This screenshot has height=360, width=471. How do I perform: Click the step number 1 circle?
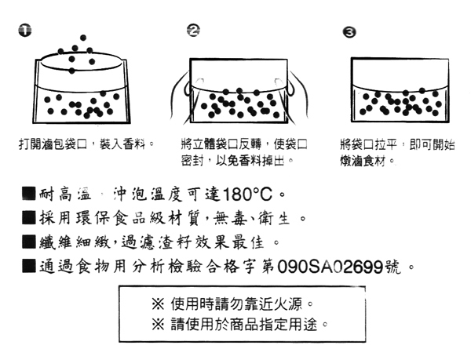(x=25, y=31)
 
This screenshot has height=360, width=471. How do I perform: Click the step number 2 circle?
(x=193, y=31)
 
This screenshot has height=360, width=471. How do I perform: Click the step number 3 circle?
(x=349, y=32)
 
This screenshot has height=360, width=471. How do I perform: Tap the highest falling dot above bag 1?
(x=83, y=38)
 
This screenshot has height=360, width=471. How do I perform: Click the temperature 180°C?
(x=247, y=195)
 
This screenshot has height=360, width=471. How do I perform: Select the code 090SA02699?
(x=330, y=267)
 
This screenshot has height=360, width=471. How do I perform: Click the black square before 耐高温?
(x=29, y=194)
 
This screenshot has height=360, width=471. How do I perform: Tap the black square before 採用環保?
(x=29, y=217)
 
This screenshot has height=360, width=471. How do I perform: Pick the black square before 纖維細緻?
(x=29, y=242)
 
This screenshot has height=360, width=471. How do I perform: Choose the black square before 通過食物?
(x=29, y=266)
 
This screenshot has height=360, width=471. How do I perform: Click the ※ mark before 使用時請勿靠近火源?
(x=158, y=304)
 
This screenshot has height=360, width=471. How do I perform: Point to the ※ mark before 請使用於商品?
(x=158, y=324)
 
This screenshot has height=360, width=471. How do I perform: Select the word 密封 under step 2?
(x=192, y=161)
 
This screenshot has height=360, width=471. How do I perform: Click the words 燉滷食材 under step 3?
(x=363, y=161)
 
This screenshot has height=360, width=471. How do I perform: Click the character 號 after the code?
(x=392, y=267)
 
